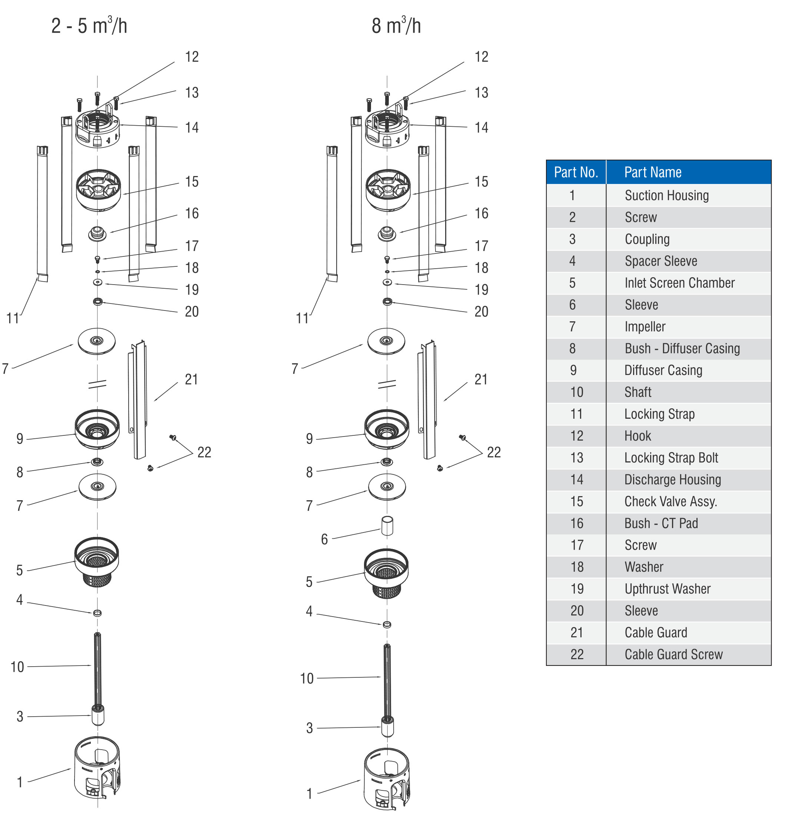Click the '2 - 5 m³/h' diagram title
coord(89,26)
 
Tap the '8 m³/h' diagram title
coord(396,26)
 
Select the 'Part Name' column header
coord(653,172)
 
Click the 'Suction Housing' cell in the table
coord(666,196)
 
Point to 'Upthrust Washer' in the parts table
coord(668,589)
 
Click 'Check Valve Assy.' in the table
coord(671,502)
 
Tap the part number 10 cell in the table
coord(576,392)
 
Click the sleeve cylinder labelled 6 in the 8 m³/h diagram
coord(387,526)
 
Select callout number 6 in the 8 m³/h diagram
coord(324,539)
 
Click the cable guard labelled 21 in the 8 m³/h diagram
coord(428,399)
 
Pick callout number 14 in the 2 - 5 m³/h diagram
coord(192,127)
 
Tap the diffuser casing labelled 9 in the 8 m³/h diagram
coord(387,429)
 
